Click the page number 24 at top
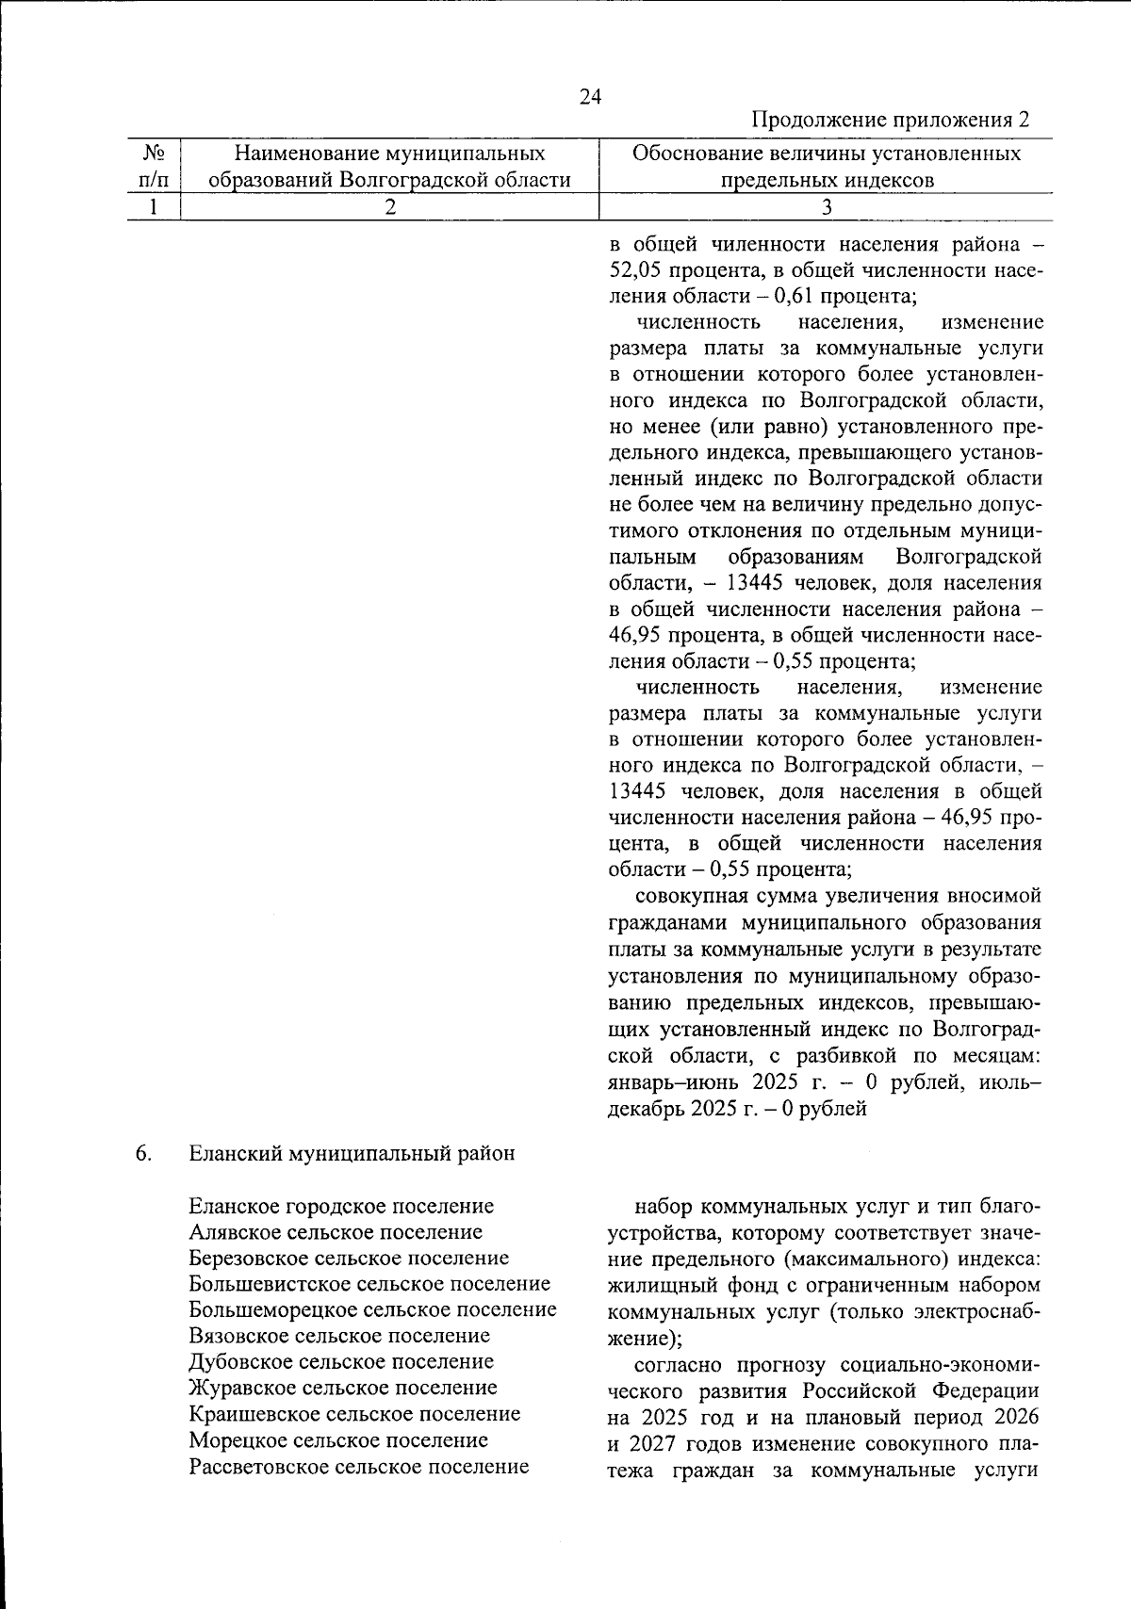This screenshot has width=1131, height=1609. click(x=590, y=97)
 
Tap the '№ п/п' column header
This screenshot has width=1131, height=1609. click(x=154, y=166)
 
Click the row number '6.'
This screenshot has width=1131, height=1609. click(x=144, y=1153)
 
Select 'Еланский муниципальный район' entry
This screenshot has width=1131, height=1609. click(x=352, y=1153)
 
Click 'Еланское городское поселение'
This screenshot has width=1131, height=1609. click(x=341, y=1206)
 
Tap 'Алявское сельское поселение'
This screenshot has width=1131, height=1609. click(x=336, y=1232)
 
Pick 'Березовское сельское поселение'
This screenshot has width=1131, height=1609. click(x=349, y=1259)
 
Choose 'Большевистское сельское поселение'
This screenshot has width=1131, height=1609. click(x=369, y=1284)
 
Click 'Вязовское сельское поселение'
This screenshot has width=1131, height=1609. click(x=339, y=1336)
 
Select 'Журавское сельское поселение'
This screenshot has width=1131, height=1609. click(x=343, y=1388)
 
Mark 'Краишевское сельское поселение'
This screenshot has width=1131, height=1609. click(x=354, y=1414)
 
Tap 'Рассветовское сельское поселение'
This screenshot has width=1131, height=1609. click(x=359, y=1467)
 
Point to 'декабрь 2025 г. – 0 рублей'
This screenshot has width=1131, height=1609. click(x=737, y=1109)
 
